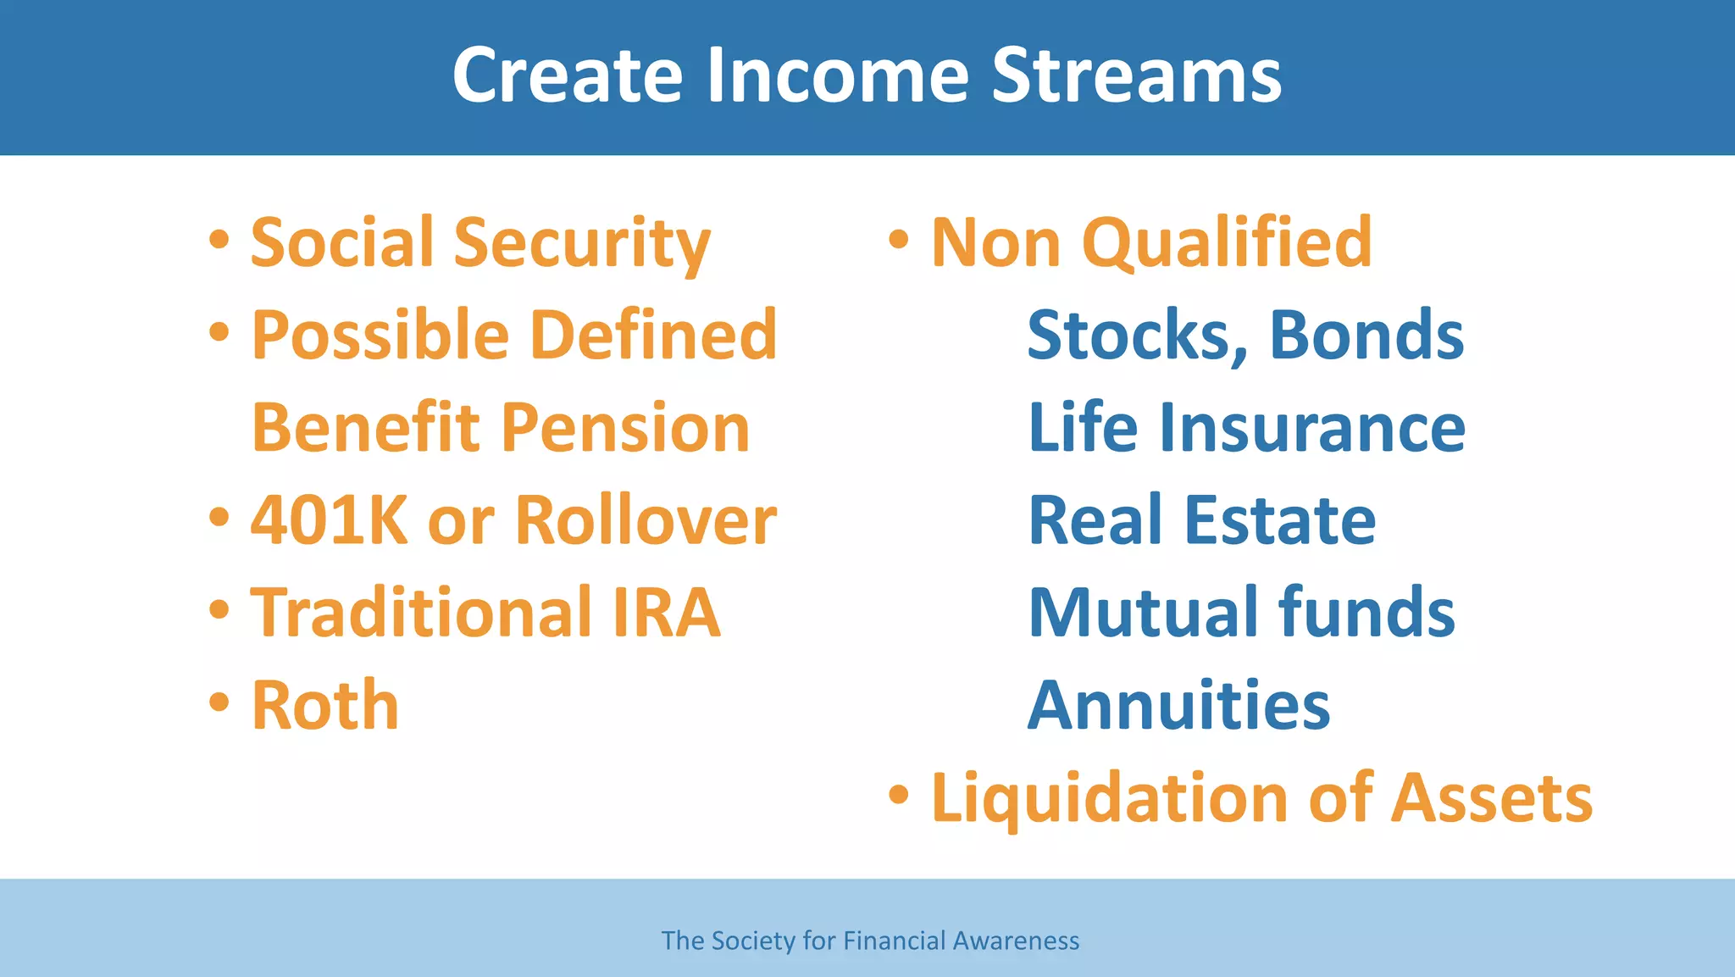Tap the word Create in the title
coord(568,76)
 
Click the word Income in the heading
coord(837,76)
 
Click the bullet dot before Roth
coord(219,702)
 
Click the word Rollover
coord(646,520)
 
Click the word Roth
coord(324,706)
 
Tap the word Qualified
coord(1226,244)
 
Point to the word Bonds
coord(1366,336)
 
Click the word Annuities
coord(1178,706)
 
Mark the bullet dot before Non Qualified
coord(899,240)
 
